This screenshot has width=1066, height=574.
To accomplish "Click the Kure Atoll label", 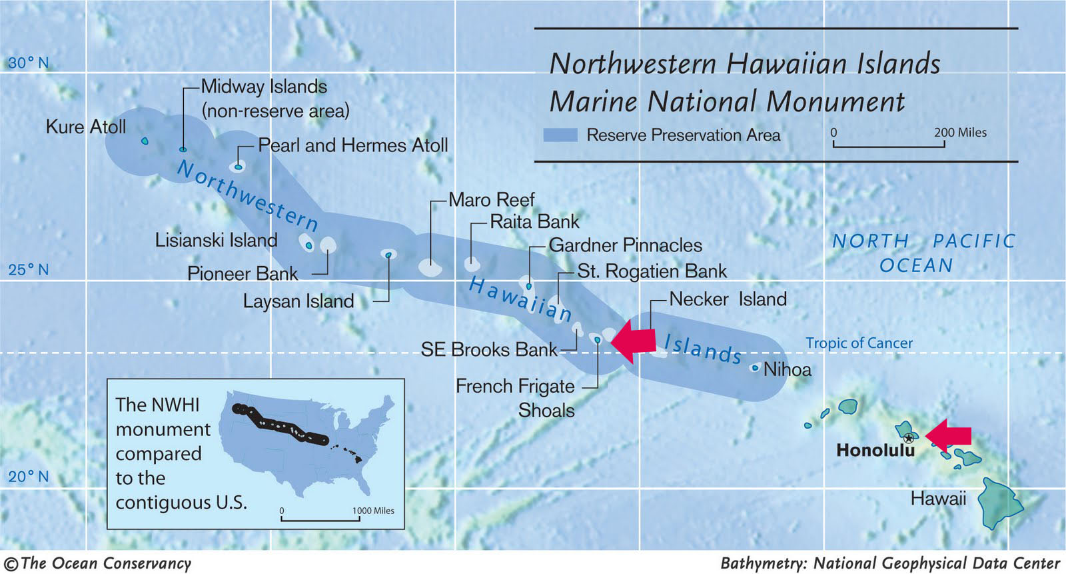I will click(x=85, y=127).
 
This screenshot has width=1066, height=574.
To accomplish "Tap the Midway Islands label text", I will click(x=264, y=87).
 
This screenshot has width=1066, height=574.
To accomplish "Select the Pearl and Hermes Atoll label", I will click(x=352, y=145).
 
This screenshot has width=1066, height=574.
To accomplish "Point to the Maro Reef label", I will click(x=491, y=200).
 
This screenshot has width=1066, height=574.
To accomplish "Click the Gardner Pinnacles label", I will click(x=625, y=245).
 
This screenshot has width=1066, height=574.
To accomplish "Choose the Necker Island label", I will click(x=728, y=299).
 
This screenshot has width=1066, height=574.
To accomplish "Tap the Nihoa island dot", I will click(x=755, y=367).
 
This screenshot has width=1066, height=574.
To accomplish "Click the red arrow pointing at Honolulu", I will click(x=949, y=435).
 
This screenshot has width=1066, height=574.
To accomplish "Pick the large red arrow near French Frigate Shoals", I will click(x=632, y=341).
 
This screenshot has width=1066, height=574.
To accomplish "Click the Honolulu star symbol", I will click(x=909, y=438).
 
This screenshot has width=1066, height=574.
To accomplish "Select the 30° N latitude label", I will click(x=29, y=63).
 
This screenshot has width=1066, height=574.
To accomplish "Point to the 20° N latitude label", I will click(x=29, y=477).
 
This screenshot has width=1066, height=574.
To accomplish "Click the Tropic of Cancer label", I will click(x=859, y=343).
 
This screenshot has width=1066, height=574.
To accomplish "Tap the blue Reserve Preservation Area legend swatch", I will click(x=560, y=135).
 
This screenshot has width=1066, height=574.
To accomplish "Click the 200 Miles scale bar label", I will click(x=959, y=133).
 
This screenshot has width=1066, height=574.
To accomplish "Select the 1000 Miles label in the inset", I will click(x=373, y=511).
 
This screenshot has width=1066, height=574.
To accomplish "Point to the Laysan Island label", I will click(x=298, y=301).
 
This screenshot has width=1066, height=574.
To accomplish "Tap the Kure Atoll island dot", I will click(x=145, y=141).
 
